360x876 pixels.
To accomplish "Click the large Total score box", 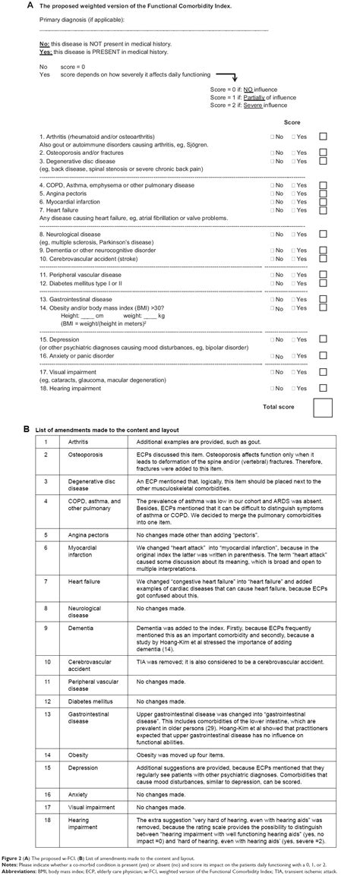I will (324, 408).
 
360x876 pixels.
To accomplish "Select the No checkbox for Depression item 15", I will (272, 338).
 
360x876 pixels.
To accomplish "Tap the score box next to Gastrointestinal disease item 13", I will (324, 300).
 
